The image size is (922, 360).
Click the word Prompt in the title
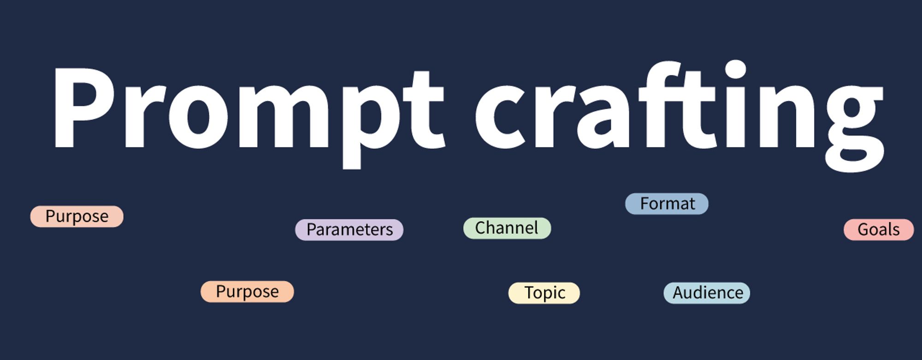[249, 111]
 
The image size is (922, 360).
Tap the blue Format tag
[667, 204]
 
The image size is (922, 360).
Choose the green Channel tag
[507, 228]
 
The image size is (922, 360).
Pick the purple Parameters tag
[349, 230]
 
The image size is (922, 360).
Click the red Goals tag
[878, 230]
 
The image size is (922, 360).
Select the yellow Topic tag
[544, 293]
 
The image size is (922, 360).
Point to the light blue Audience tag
[707, 293]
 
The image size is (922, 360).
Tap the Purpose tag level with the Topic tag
[247, 292]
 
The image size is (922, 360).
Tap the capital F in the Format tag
[644, 204]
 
